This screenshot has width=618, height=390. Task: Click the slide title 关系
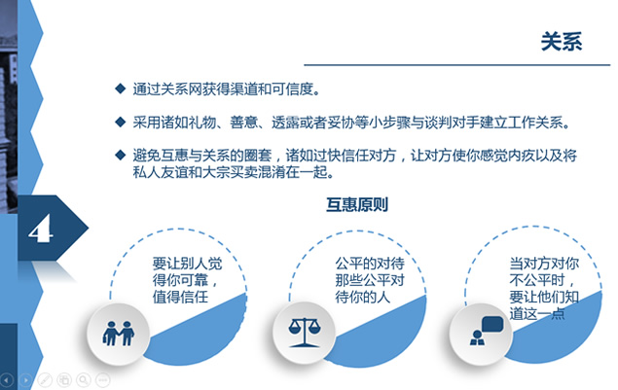562,42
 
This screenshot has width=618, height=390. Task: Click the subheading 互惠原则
357,204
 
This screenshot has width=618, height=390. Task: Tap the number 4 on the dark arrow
40,229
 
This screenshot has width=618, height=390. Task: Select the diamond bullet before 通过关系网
121,89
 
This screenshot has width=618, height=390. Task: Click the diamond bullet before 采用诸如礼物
121,123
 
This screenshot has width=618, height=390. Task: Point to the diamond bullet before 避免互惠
121,155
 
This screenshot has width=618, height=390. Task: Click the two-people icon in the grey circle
118,334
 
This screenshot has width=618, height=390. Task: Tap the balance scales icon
305,333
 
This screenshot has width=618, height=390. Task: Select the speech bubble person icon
487,331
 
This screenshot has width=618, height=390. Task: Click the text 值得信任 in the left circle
180,297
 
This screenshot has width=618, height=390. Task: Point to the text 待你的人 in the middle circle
363,297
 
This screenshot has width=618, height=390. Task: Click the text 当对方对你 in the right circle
544,264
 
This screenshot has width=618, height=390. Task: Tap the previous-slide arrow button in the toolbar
7,380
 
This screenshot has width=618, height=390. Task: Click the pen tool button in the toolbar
45,380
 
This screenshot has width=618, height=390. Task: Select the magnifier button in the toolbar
84,380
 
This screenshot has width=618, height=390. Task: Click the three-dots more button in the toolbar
103,380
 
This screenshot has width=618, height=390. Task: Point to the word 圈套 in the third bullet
258,156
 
